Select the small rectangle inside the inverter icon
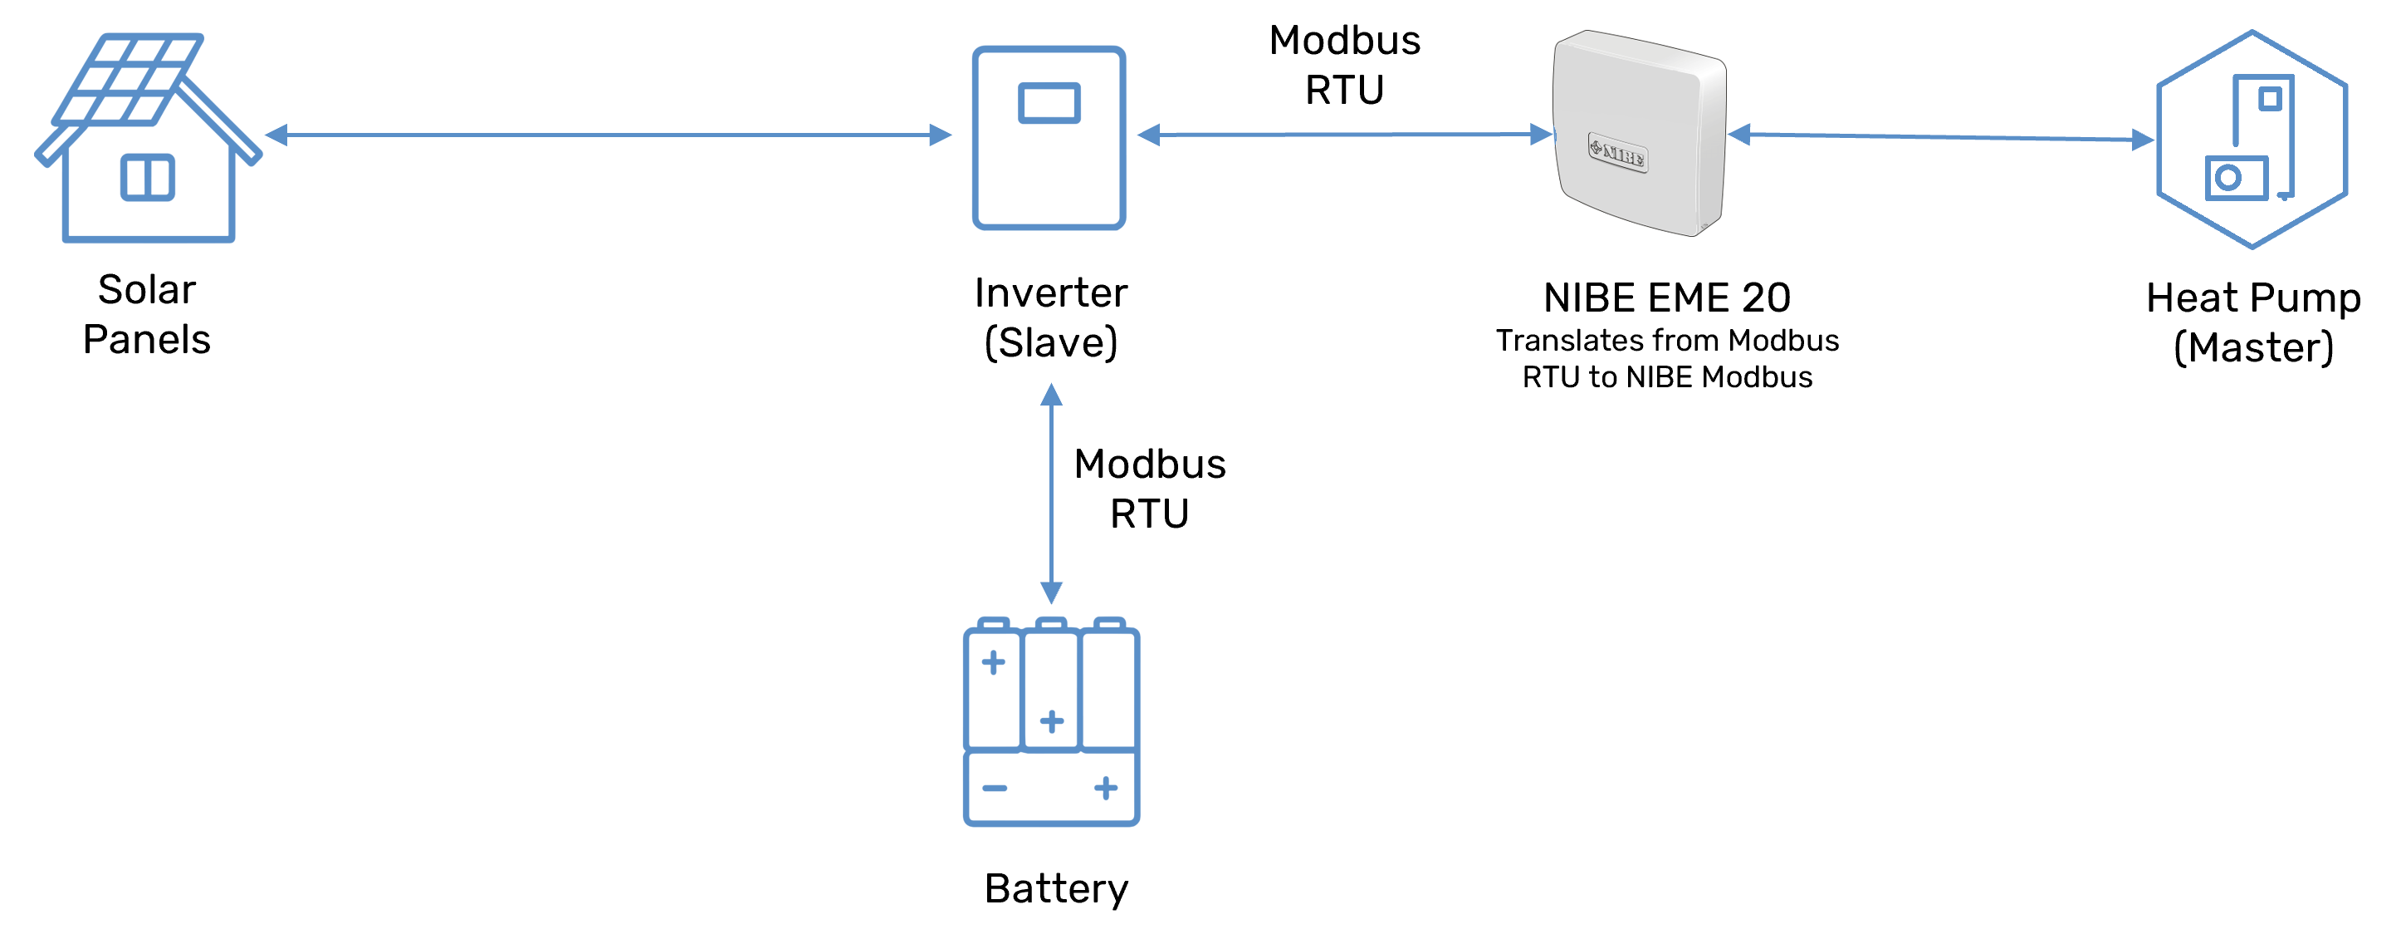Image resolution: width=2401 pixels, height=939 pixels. click(1049, 102)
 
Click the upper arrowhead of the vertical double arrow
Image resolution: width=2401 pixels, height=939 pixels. click(1051, 395)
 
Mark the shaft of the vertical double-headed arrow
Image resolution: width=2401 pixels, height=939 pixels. click(1051, 494)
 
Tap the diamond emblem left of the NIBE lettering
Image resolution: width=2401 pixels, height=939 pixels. click(1596, 147)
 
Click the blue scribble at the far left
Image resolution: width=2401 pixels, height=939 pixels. click(139, 159)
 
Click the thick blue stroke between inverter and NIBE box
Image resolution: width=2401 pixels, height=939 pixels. click(1342, 137)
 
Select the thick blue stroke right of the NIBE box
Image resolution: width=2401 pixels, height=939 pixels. click(1939, 135)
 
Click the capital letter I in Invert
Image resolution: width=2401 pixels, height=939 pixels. click(980, 293)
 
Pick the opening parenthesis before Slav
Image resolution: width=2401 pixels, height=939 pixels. click(990, 344)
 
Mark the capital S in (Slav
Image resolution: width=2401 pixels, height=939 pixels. click(1011, 343)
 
